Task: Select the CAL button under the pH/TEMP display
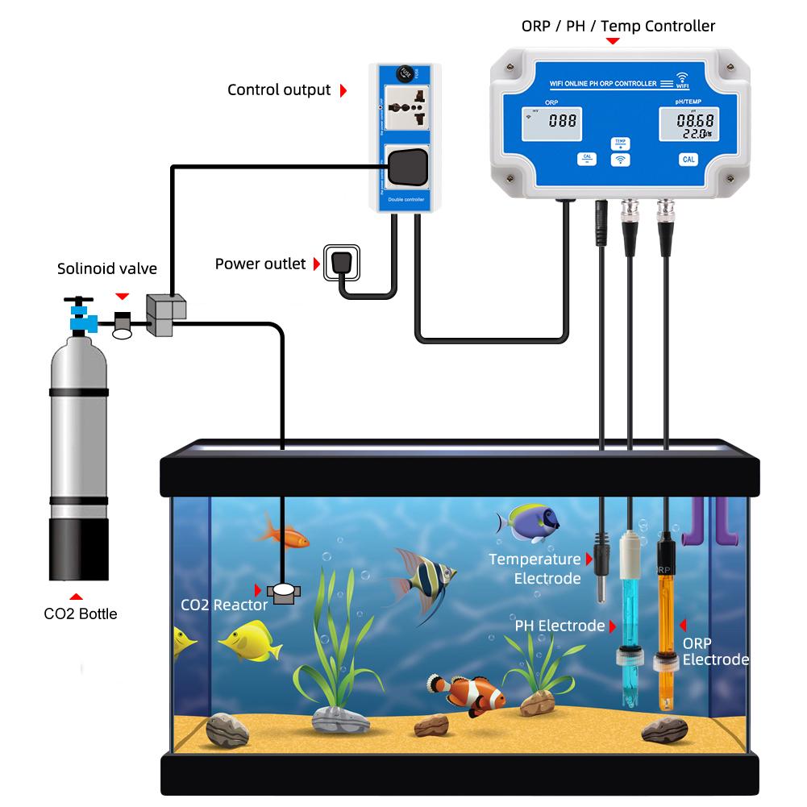pyautogui.click(x=688, y=159)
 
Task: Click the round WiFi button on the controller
pyautogui.click(x=620, y=160)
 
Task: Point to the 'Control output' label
pyautogui.click(x=279, y=90)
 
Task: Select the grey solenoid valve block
pyautogui.click(x=166, y=315)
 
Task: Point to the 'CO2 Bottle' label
pyautogui.click(x=80, y=614)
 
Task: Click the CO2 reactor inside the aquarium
pyautogui.click(x=283, y=593)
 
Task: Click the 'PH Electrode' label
pyautogui.click(x=559, y=626)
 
